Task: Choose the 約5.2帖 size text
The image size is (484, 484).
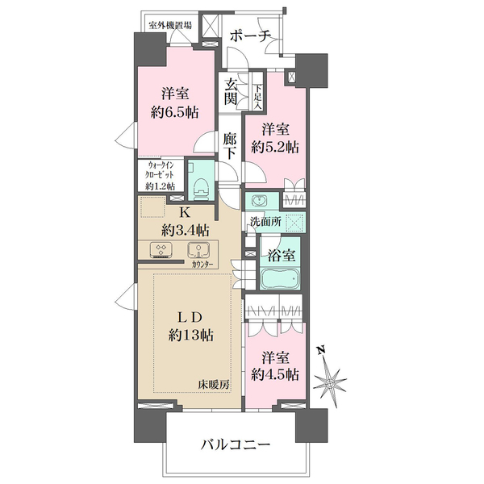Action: click(x=274, y=148)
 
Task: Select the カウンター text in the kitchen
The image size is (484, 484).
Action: click(x=204, y=264)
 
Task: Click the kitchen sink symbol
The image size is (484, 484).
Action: click(x=195, y=249)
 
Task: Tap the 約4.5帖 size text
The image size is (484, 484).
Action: click(x=274, y=373)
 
